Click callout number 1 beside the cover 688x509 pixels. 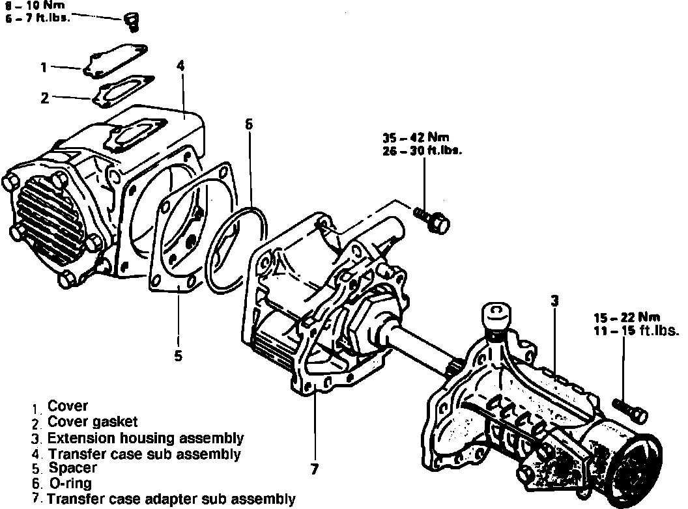tap(44, 67)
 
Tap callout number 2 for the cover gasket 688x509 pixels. tap(44, 98)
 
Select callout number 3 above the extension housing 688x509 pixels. tap(554, 301)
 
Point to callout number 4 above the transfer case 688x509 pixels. tap(180, 66)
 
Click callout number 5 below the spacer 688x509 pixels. tap(179, 355)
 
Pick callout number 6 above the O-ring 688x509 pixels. tap(248, 124)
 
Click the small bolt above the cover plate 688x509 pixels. tap(130, 21)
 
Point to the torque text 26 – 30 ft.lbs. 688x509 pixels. tap(422, 150)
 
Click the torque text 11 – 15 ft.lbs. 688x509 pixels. tap(636, 330)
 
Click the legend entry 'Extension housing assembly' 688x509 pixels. tap(145, 437)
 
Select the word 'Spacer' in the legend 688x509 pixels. tap(72, 468)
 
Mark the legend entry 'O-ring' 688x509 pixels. tap(70, 484)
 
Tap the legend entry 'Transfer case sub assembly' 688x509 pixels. tap(144, 453)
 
